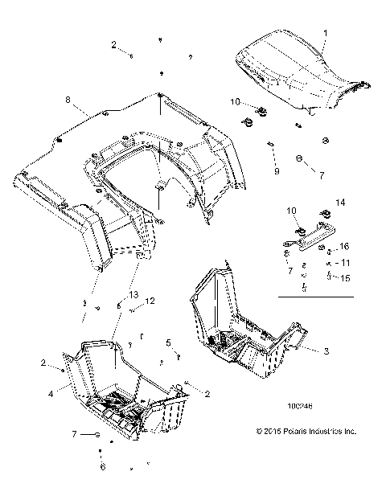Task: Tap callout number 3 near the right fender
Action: point(326,351)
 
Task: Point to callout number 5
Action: point(168,342)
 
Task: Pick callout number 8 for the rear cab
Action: point(67,99)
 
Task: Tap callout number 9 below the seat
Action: point(276,171)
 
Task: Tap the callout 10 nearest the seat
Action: point(236,101)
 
